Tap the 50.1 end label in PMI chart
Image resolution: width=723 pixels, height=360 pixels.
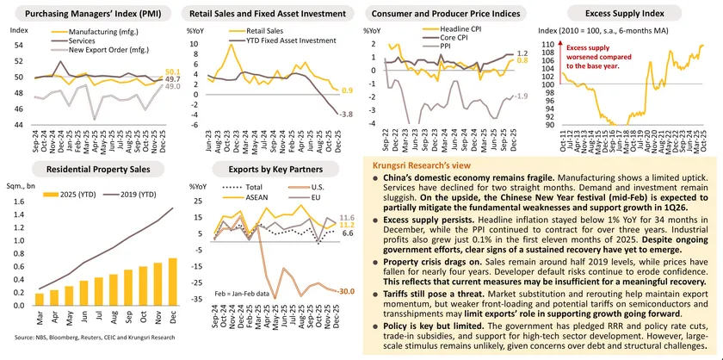[x=171, y=71]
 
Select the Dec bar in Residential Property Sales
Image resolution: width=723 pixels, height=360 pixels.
[x=173, y=282]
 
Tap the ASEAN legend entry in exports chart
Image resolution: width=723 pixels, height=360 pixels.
[x=259, y=196]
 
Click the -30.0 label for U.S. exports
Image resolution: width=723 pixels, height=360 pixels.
[x=344, y=290]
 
